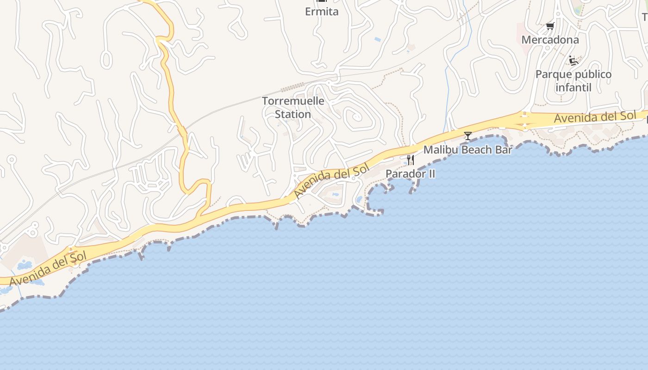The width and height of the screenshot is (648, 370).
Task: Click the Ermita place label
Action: pos(322,12)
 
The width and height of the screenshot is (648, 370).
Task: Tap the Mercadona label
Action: pos(550,40)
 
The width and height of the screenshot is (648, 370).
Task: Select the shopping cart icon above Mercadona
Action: pos(550,26)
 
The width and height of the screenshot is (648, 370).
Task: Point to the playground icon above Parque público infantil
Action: pos(573,61)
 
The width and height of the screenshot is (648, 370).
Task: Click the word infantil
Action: pos(573,87)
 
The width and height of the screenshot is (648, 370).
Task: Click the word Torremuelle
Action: pos(293,101)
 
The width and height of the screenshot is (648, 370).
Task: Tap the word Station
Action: pos(293,114)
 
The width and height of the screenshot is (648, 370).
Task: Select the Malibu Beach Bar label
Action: pos(467,150)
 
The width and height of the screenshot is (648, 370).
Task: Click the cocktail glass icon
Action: pos(468,136)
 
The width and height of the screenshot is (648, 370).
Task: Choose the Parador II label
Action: pos(410,174)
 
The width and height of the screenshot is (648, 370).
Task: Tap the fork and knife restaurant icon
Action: pos(410,160)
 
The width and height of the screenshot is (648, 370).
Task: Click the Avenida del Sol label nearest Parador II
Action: pos(332,181)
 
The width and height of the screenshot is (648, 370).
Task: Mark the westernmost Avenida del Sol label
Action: pos(48,269)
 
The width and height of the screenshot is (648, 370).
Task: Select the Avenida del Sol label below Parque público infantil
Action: pos(595,117)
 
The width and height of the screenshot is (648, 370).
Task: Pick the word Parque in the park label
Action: pos(552,74)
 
